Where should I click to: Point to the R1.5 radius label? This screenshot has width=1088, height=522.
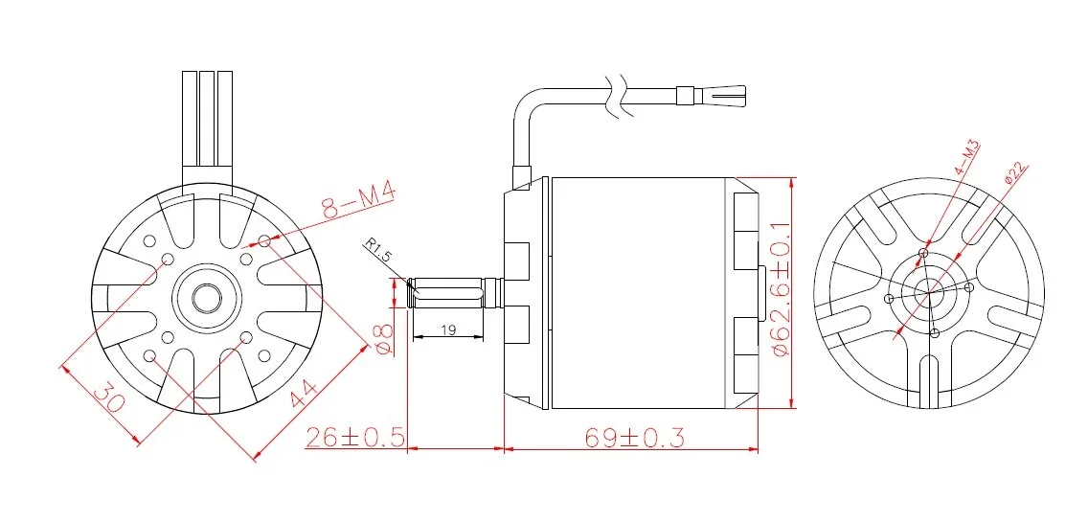pyautogui.click(x=379, y=251)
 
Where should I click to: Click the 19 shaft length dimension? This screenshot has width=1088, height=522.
pyautogui.click(x=448, y=329)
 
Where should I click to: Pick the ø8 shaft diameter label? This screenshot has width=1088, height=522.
pyautogui.click(x=384, y=339)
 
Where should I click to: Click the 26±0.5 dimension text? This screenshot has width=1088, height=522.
pyautogui.click(x=354, y=438)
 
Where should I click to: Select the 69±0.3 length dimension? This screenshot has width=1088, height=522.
pyautogui.click(x=634, y=438)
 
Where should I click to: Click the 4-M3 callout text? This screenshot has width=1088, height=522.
pyautogui.click(x=966, y=158)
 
